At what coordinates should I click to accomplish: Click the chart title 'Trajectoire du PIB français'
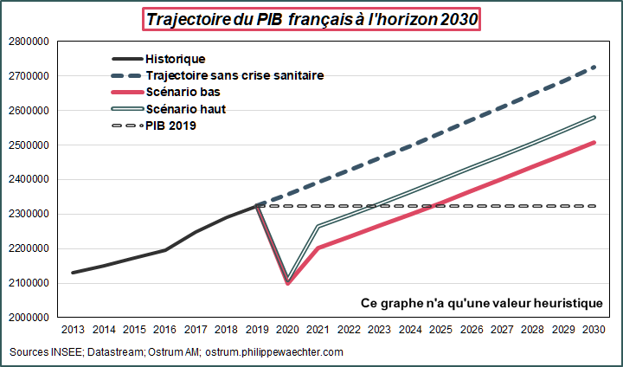pos(311,19)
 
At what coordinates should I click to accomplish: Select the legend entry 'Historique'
pos(175,59)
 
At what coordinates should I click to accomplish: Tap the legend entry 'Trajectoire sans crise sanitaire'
pos(234,75)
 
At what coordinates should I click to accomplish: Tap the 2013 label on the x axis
pos(72,331)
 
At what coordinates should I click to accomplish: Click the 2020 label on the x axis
pos(287,331)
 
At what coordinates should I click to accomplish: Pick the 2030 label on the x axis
pos(593,331)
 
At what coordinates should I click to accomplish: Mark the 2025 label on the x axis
pos(440,331)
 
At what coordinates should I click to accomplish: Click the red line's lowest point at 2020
pos(287,283)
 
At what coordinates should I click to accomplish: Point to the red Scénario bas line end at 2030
pos(593,142)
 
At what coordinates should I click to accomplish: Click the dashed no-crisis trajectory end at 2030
pos(593,67)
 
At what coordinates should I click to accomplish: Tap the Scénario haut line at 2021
pos(318,227)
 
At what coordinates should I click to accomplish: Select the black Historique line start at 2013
pos(73,273)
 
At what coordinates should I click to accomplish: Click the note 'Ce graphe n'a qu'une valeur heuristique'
pos(481,302)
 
